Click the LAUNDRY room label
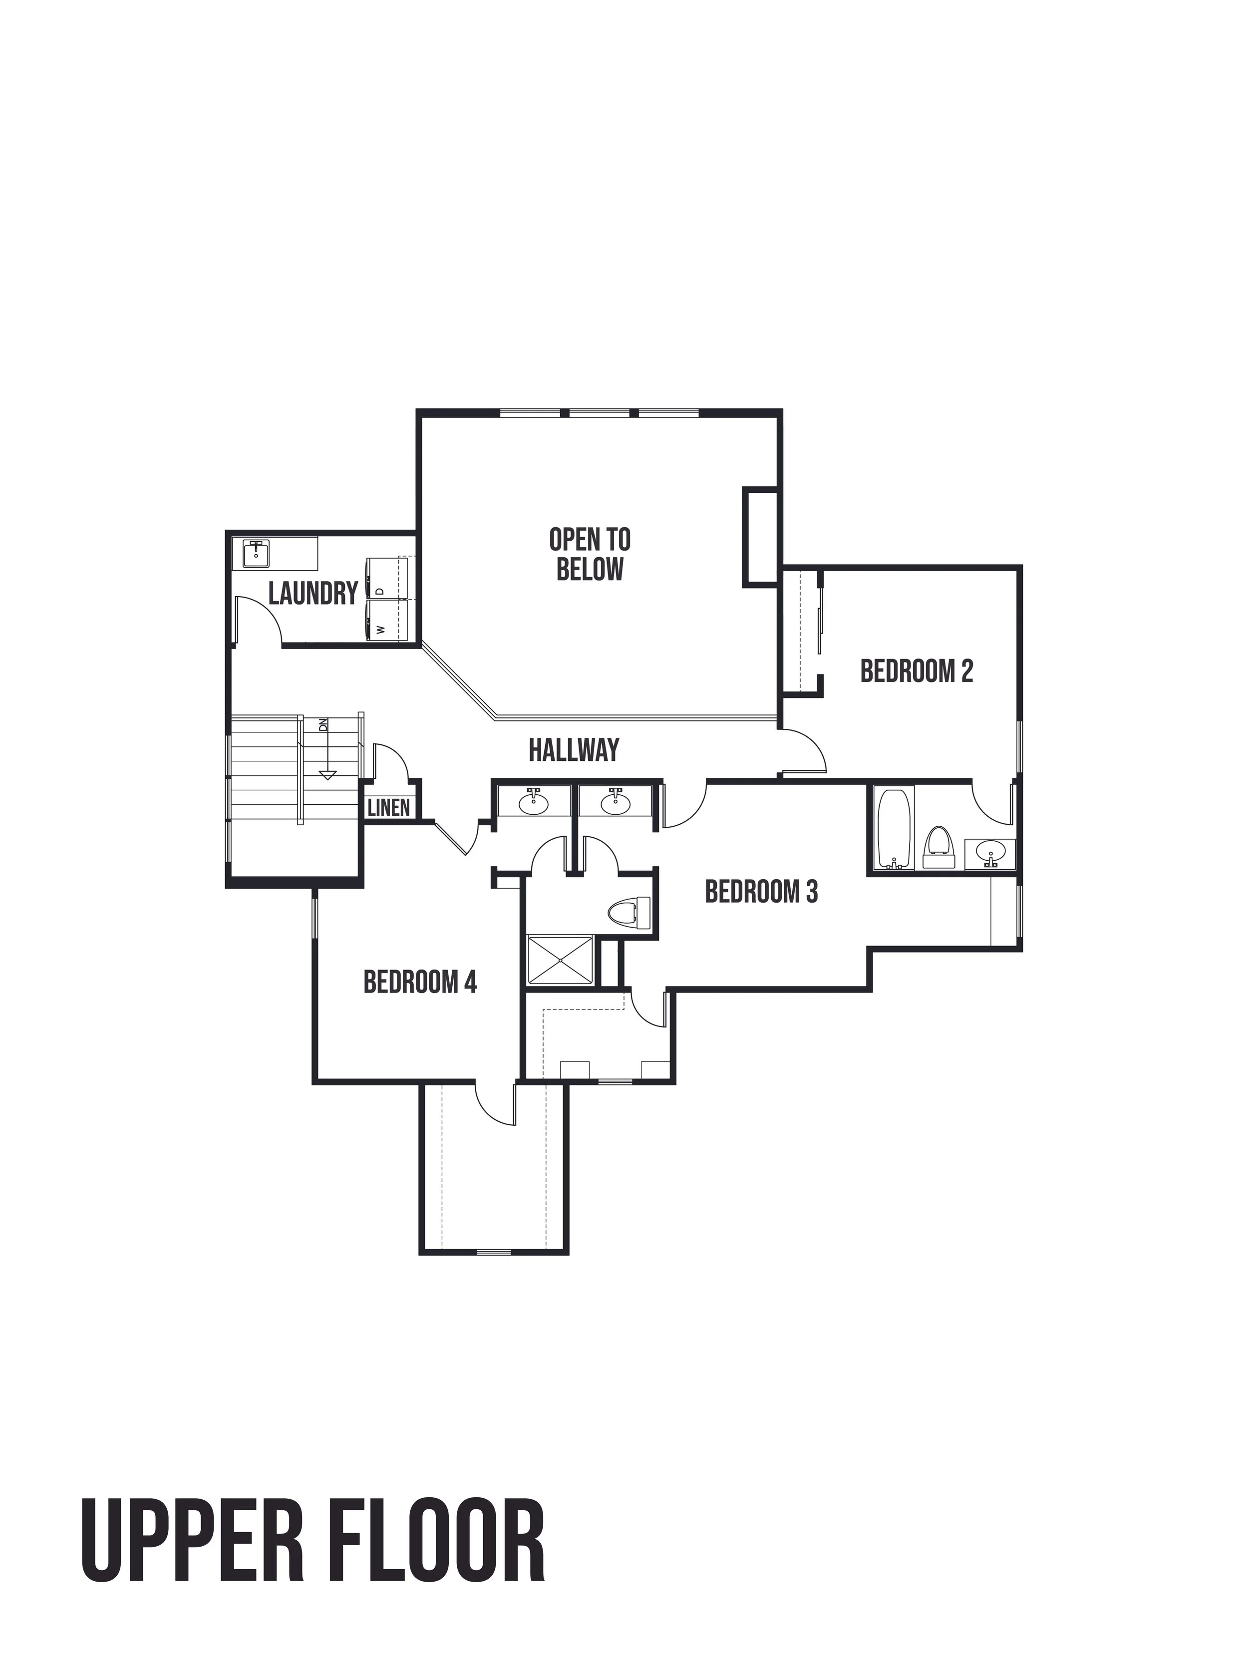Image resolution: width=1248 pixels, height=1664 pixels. [x=313, y=594]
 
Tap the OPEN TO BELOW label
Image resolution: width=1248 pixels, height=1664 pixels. [x=590, y=554]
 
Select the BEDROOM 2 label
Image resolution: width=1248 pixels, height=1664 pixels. [x=916, y=670]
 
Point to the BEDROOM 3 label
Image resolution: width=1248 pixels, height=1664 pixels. [x=761, y=892]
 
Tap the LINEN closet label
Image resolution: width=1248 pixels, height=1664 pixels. [x=389, y=808]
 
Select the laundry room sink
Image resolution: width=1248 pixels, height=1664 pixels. [x=257, y=554]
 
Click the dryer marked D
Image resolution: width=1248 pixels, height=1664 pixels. [x=386, y=578]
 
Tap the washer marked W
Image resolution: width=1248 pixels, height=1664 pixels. [x=386, y=619]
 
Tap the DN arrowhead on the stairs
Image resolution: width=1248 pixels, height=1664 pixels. [x=326, y=775]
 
